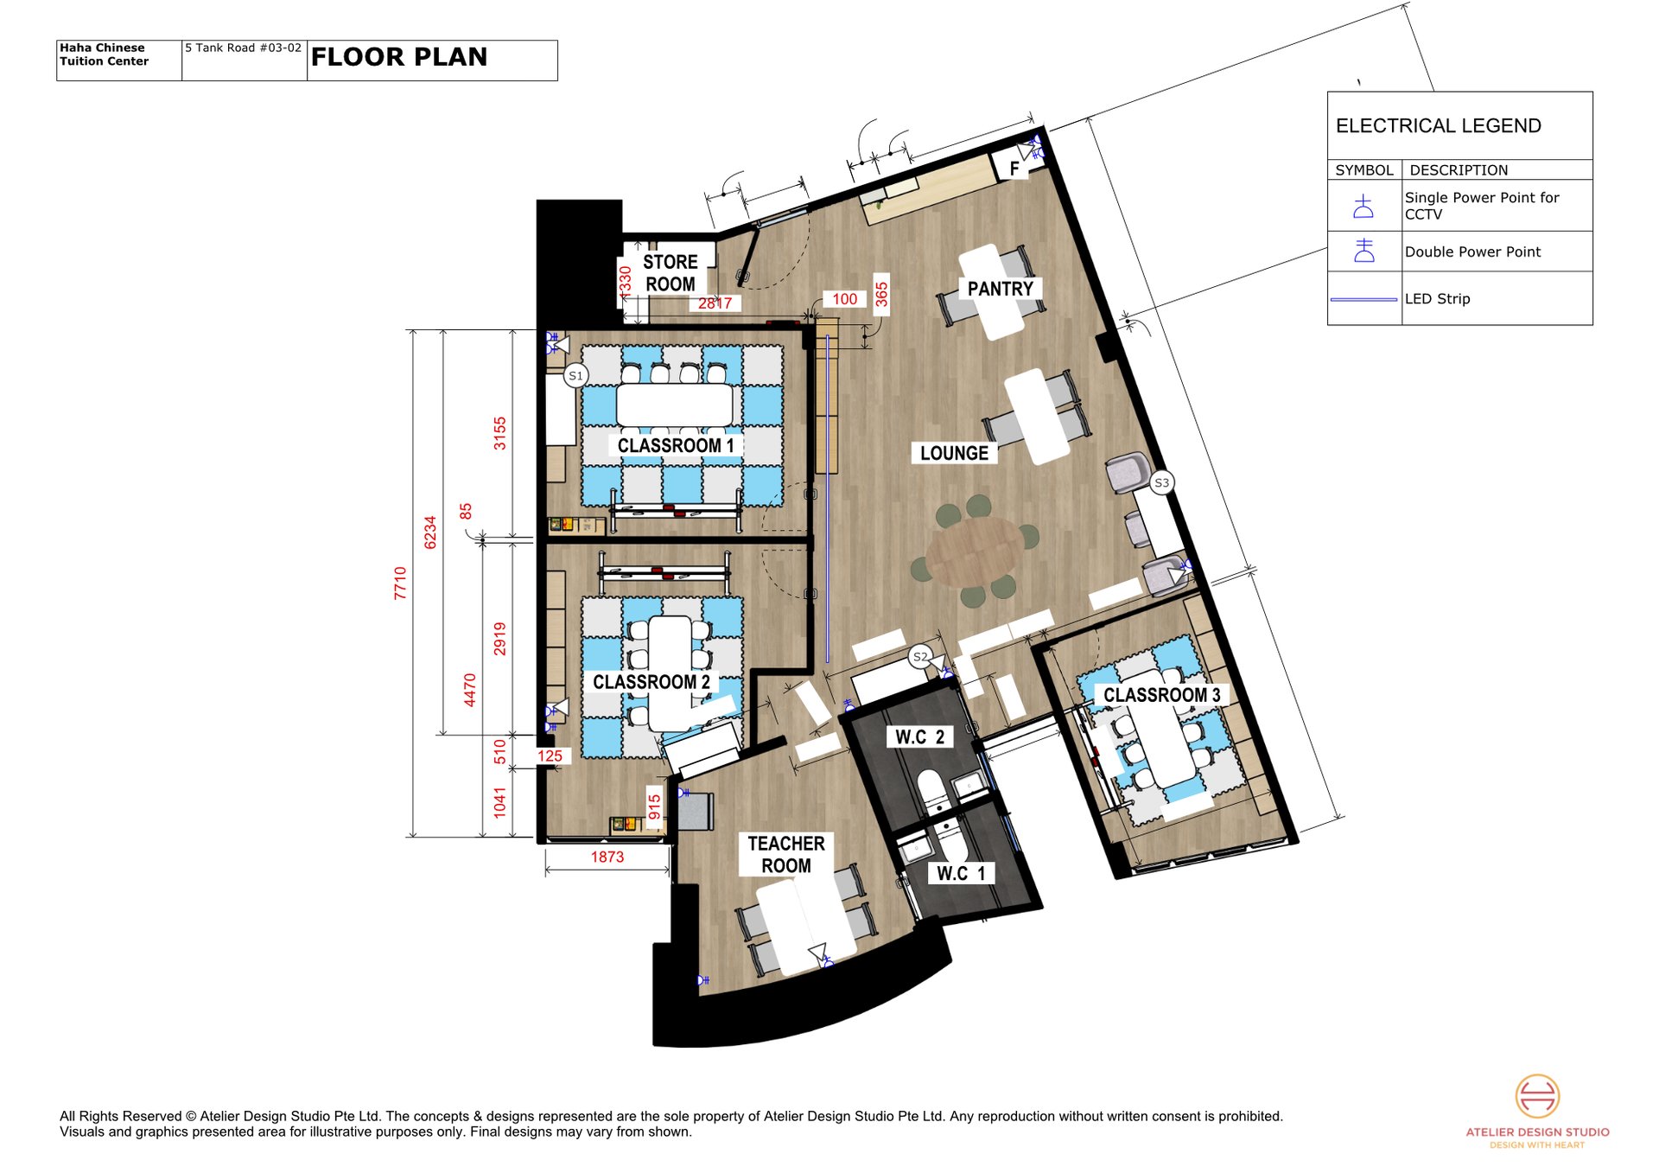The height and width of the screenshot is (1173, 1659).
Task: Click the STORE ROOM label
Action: click(670, 273)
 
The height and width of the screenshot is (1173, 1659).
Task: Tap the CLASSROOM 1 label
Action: click(676, 445)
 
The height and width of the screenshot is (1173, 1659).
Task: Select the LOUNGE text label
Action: click(954, 453)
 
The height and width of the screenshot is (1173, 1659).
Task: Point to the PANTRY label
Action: click(1000, 289)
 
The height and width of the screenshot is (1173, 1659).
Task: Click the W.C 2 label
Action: click(919, 736)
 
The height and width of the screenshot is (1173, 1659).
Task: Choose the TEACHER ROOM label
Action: click(785, 854)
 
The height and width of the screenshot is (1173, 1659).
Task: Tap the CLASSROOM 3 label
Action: click(1161, 695)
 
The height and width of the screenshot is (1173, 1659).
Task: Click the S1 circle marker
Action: click(575, 375)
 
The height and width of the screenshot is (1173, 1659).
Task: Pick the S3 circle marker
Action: click(1161, 482)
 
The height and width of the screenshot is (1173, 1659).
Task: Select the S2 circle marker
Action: click(920, 657)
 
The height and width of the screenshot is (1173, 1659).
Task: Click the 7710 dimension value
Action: click(400, 583)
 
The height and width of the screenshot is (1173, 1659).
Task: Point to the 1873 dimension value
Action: click(607, 857)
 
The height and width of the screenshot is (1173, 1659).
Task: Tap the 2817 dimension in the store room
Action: click(715, 303)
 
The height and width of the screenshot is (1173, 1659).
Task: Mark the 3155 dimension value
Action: click(499, 433)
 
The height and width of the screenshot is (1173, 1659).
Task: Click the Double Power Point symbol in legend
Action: click(1363, 251)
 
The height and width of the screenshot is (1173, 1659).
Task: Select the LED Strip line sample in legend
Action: click(1363, 299)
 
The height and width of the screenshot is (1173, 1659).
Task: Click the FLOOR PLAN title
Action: click(399, 57)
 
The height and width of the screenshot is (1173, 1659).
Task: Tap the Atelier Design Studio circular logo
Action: click(1537, 1096)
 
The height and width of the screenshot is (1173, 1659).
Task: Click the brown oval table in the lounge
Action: click(975, 551)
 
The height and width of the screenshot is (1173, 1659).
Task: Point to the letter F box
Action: click(1014, 169)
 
